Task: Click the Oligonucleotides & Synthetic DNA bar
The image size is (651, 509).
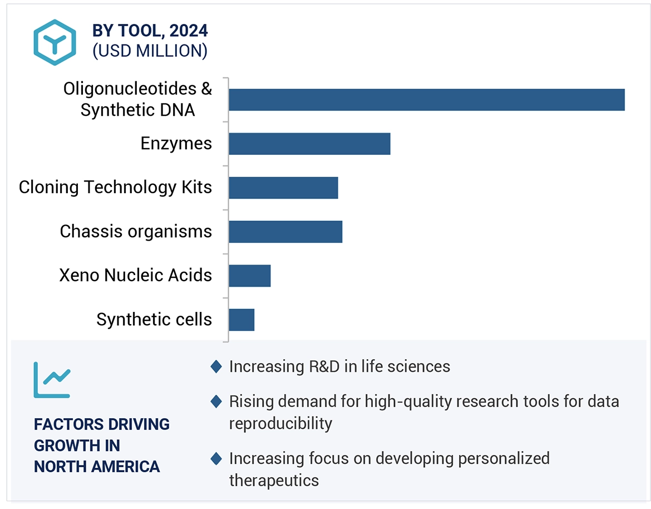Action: (x=426, y=100)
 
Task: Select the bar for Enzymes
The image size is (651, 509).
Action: (x=309, y=144)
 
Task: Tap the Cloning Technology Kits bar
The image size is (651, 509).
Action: (x=283, y=188)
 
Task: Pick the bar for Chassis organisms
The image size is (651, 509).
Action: (x=285, y=232)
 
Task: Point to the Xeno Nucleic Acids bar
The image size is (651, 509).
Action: (x=249, y=276)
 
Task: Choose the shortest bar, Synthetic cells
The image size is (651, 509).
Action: (x=241, y=320)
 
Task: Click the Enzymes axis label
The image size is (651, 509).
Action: (x=176, y=144)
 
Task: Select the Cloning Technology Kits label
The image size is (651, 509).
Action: (x=115, y=187)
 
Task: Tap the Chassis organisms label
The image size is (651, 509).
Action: (x=136, y=231)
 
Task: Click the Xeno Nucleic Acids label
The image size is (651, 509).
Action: (x=136, y=275)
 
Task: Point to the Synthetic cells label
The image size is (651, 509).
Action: (x=154, y=319)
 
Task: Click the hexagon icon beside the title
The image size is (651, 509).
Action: (x=54, y=42)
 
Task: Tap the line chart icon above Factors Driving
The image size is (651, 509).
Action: (x=52, y=380)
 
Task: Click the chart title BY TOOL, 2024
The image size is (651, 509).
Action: (x=150, y=31)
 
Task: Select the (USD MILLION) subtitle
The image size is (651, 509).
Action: (x=150, y=51)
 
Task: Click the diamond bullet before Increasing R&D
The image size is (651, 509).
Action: (x=216, y=366)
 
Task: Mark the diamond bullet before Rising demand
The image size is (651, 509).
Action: (x=216, y=402)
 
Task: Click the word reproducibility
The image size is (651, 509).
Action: (x=280, y=423)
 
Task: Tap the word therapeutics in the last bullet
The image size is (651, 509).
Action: (x=274, y=480)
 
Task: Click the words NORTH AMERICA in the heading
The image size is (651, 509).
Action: (x=97, y=466)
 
